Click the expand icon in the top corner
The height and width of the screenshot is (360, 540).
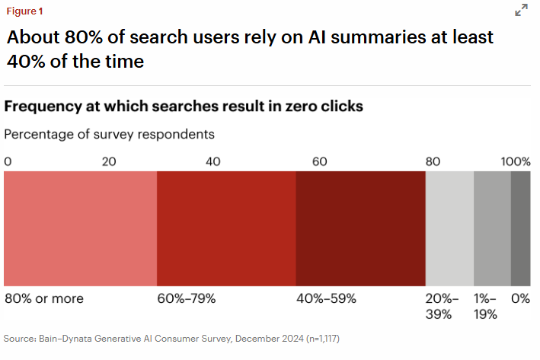pyautogui.click(x=522, y=10)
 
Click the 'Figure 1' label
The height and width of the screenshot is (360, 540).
pyautogui.click(x=25, y=11)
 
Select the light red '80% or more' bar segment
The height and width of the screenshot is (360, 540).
pyautogui.click(x=80, y=228)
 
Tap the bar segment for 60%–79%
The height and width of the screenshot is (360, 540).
pyautogui.click(x=226, y=228)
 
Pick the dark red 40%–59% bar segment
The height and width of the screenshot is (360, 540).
pyautogui.click(x=360, y=228)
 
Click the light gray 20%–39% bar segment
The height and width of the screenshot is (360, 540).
pyautogui.click(x=449, y=228)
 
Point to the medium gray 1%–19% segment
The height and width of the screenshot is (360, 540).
pyautogui.click(x=492, y=228)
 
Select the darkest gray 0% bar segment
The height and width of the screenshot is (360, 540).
pyautogui.click(x=520, y=228)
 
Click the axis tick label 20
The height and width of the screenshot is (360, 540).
pyautogui.click(x=110, y=161)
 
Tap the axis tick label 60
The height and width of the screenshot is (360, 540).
pyautogui.click(x=319, y=161)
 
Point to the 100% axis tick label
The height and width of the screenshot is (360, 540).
pyautogui.click(x=516, y=161)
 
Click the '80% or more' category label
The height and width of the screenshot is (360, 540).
pyautogui.click(x=44, y=298)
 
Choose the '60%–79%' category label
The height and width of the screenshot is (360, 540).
pyautogui.click(x=187, y=298)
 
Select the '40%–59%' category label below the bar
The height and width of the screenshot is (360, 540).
pyautogui.click(x=326, y=298)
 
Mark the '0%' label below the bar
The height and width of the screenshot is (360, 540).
pyautogui.click(x=521, y=298)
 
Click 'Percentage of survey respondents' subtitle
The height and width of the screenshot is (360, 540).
pyautogui.click(x=110, y=134)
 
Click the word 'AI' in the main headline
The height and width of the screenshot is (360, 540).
pyautogui.click(x=319, y=37)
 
